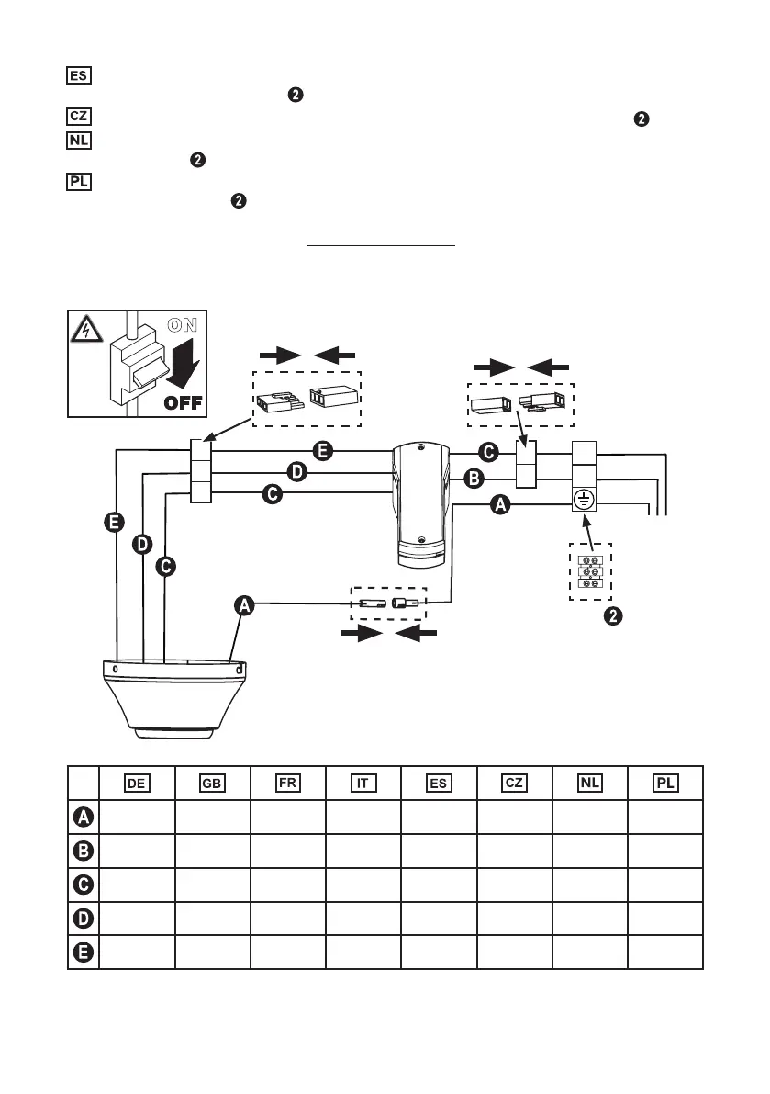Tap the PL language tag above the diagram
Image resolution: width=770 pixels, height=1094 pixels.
79,180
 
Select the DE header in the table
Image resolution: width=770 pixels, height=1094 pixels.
138,783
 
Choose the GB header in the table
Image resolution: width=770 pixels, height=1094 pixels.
213,783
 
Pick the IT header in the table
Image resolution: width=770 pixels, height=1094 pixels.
363,783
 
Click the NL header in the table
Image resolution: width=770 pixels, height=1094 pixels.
589,783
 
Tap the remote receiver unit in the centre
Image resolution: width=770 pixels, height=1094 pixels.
419,504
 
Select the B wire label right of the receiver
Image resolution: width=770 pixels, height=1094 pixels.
474,478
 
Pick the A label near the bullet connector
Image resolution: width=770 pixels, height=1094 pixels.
245,604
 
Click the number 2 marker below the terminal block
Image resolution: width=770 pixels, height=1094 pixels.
614,615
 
